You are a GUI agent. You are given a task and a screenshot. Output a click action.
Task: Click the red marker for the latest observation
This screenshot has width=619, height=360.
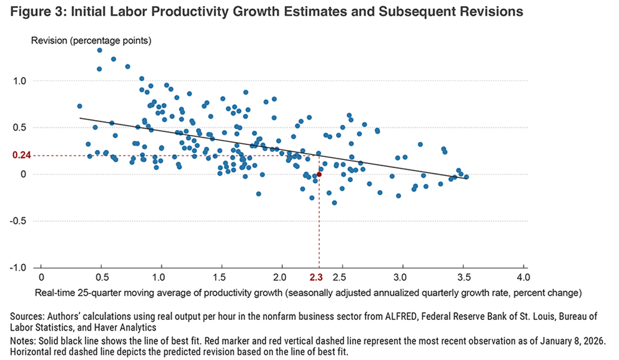click(319, 174)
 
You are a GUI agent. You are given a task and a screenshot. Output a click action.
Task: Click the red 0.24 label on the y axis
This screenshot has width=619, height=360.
click(21, 156)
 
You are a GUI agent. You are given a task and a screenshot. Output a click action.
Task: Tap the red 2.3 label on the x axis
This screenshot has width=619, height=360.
click(317, 276)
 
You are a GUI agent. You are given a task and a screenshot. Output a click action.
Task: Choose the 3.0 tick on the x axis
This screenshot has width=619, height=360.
click(402, 276)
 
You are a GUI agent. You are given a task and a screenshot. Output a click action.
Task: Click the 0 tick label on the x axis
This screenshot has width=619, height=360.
click(41, 276)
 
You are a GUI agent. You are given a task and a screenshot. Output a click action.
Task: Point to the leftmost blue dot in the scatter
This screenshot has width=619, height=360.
click(79, 106)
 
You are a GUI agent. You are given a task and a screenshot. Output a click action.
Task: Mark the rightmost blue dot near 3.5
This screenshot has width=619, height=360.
click(466, 177)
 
